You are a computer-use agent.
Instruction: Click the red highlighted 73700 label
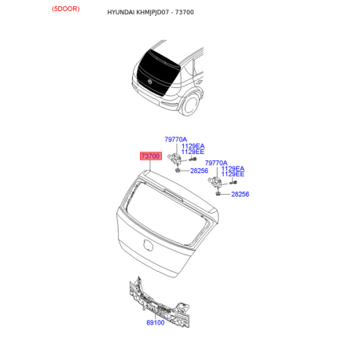point(151,156)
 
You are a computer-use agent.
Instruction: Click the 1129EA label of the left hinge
point(193,146)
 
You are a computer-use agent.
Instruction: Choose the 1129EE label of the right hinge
point(233,174)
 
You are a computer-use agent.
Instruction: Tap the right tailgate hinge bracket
point(218,183)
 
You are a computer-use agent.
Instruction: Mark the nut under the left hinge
point(180,170)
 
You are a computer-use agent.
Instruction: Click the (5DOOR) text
point(67,9)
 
